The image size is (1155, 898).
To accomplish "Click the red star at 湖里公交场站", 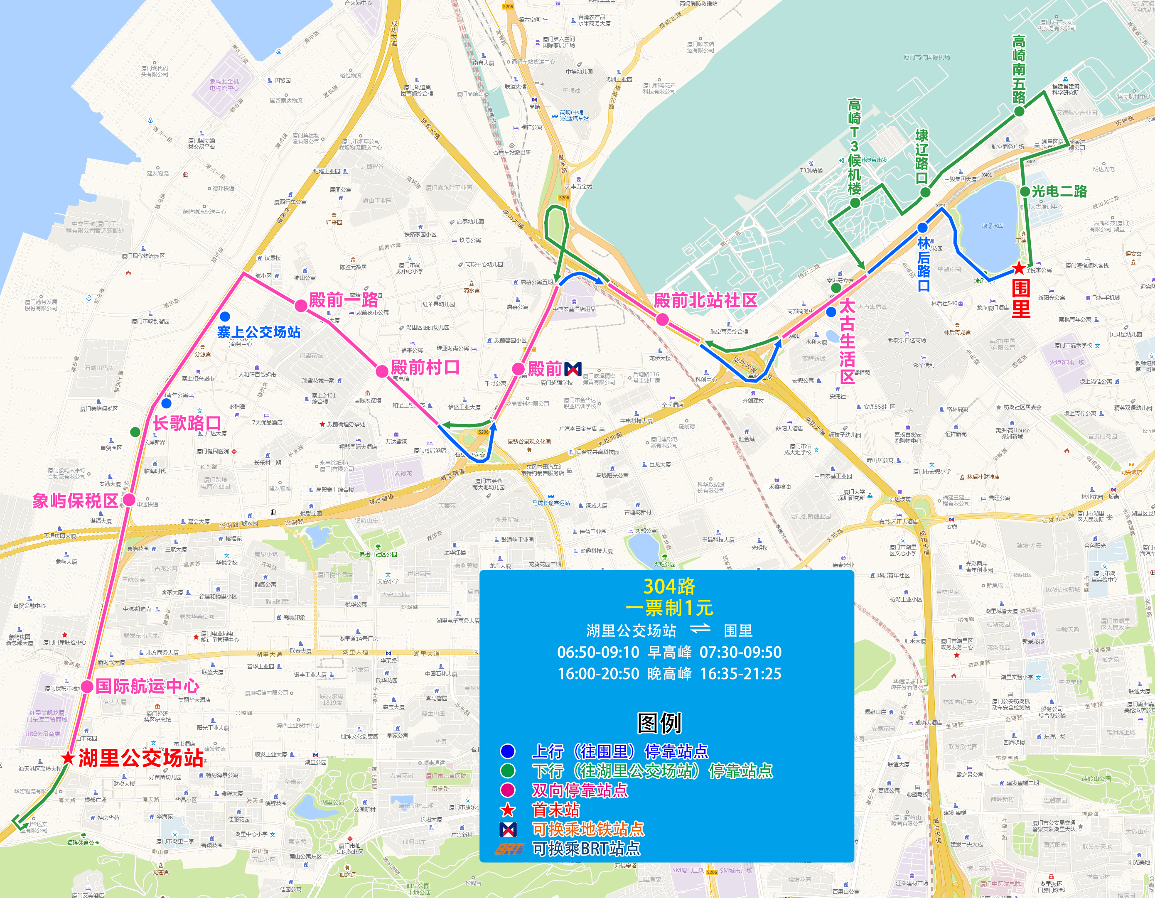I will pyautogui.click(x=68, y=758).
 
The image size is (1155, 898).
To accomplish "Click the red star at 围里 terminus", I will pyautogui.click(x=1019, y=268).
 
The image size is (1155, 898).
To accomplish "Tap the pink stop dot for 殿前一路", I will pyautogui.click(x=301, y=304).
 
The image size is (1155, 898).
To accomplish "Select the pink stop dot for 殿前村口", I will pyautogui.click(x=382, y=371).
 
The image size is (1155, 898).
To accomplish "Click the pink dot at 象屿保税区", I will pyautogui.click(x=129, y=500).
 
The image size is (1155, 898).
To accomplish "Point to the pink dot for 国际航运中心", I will pyautogui.click(x=87, y=687).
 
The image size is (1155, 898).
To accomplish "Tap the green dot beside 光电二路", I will pyautogui.click(x=1025, y=191).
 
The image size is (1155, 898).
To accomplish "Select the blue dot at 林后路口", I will pyautogui.click(x=922, y=228).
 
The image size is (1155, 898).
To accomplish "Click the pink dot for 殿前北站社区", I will pyautogui.click(x=662, y=319).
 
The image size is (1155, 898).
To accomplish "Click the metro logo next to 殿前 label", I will pyautogui.click(x=573, y=368).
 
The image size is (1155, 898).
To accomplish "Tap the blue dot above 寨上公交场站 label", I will pyautogui.click(x=225, y=316).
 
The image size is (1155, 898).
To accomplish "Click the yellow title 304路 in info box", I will pyautogui.click(x=669, y=586).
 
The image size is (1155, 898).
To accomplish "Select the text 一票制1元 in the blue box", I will pyautogui.click(x=669, y=608).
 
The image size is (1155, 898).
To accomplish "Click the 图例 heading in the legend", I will pyautogui.click(x=659, y=723).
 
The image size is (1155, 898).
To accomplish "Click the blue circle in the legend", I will pyautogui.click(x=508, y=751).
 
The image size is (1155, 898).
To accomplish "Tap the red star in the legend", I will pyautogui.click(x=508, y=810).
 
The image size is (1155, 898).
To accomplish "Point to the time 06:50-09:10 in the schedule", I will pyautogui.click(x=598, y=652).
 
